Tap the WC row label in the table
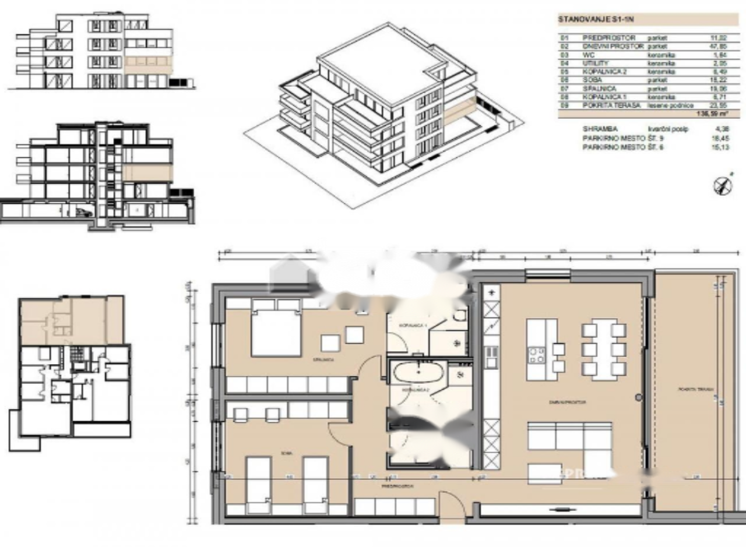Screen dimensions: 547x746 pyautogui.click(x=587, y=54)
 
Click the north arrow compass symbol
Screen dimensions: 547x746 pyautogui.click(x=723, y=185)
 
